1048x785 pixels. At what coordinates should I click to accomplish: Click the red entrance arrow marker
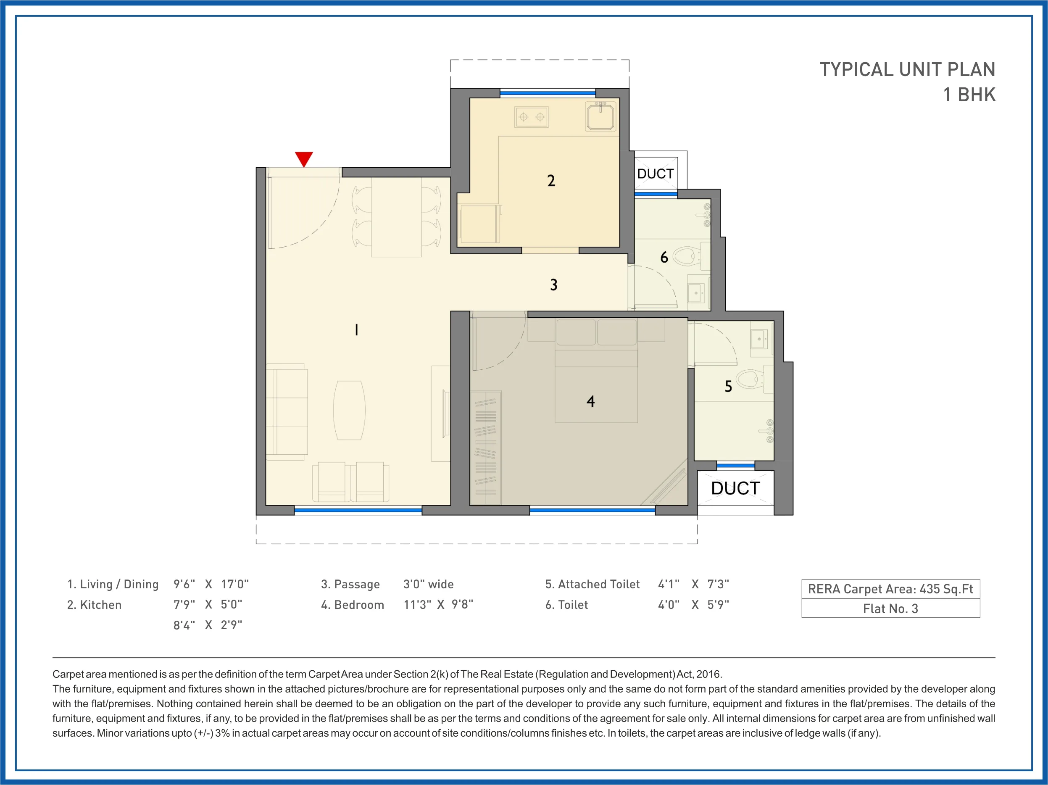click(x=304, y=158)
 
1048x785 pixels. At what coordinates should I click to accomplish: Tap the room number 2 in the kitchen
click(x=551, y=181)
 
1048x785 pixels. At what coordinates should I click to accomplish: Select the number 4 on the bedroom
click(x=590, y=401)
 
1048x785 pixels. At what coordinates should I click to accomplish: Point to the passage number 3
click(x=553, y=285)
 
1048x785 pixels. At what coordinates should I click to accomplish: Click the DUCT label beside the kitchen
click(x=655, y=174)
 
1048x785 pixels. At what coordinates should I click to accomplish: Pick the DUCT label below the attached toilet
click(x=735, y=488)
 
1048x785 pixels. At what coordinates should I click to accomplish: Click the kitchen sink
click(x=600, y=116)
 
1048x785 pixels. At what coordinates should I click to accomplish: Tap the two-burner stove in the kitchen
click(x=532, y=117)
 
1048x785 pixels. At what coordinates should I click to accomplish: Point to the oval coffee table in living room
click(x=349, y=410)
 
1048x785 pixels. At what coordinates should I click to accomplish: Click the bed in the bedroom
click(x=596, y=379)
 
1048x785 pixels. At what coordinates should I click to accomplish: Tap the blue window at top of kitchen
click(x=548, y=93)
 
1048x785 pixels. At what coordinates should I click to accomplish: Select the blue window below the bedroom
click(x=592, y=510)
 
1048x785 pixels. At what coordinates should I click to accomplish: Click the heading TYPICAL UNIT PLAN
click(x=907, y=70)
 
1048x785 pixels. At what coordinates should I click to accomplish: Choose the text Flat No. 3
click(x=890, y=609)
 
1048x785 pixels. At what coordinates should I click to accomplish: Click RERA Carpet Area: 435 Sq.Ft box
click(x=890, y=589)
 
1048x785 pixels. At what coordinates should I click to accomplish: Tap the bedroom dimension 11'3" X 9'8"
click(x=438, y=604)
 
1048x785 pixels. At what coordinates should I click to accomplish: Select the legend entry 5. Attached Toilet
click(x=592, y=584)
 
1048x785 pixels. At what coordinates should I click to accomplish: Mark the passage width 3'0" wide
click(x=428, y=584)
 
